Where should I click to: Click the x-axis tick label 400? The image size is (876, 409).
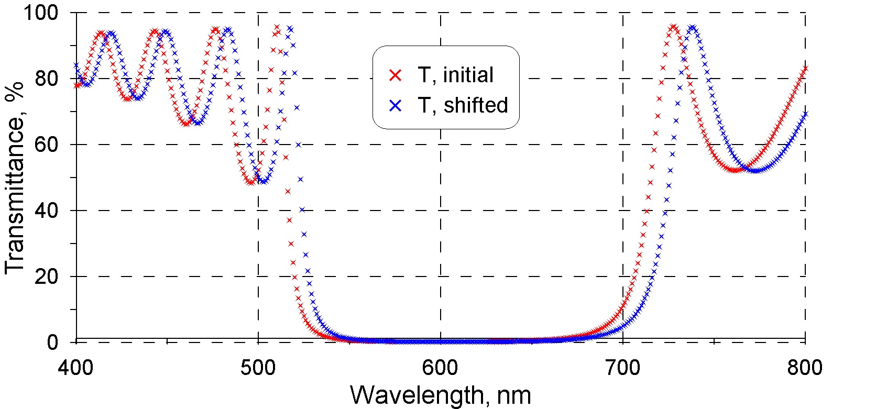76,368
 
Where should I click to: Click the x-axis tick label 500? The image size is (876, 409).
258,368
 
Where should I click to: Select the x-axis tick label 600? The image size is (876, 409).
440,368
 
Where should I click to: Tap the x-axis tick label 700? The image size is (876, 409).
622,368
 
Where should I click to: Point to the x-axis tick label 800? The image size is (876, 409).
805,368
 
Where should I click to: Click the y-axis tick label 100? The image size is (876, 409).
41,13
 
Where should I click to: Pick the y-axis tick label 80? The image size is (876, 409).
47,79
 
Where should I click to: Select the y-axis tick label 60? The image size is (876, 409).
47,145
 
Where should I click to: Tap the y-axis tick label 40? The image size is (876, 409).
47,211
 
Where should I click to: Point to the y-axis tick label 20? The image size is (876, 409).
47,277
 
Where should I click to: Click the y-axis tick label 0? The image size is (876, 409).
52,342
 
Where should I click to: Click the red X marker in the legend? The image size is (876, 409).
396,75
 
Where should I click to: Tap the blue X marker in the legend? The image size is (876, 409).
396,106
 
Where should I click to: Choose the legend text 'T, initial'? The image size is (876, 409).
456,75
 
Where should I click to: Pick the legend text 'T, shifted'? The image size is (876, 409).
463,106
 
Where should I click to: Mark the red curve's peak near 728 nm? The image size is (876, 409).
673,27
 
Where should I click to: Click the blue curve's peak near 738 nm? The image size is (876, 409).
693,27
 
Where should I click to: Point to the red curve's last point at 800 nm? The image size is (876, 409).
805,69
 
